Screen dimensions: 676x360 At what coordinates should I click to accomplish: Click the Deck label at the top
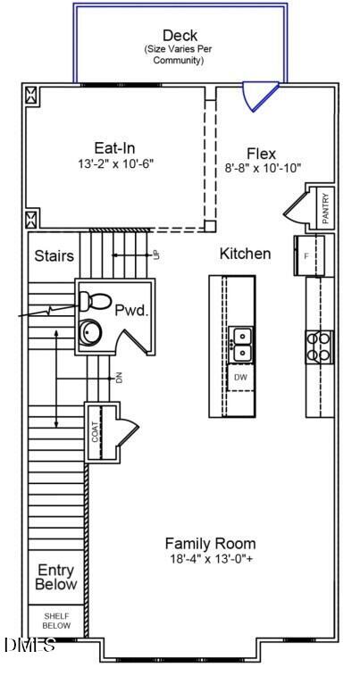[x=180, y=36]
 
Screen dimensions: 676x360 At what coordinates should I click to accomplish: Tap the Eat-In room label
[x=115, y=148]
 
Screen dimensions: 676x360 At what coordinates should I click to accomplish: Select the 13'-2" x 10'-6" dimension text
[x=115, y=164]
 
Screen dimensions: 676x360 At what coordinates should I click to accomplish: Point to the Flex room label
[x=263, y=153]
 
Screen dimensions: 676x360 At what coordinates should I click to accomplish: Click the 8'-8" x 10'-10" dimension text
[x=263, y=168]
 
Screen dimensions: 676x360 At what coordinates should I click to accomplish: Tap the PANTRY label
[x=325, y=208]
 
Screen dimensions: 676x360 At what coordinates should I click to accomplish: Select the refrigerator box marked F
[x=307, y=255]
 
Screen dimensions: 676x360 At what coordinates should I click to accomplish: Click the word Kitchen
[x=245, y=254]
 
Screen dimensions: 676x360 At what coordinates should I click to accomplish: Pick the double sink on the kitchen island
[x=240, y=345]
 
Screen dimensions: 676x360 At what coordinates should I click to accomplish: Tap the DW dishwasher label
[x=240, y=378]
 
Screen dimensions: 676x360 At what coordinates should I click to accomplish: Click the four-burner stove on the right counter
[x=319, y=345]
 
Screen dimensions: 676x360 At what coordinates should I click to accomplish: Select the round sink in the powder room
[x=90, y=332]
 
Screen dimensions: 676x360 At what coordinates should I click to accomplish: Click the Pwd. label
[x=130, y=310]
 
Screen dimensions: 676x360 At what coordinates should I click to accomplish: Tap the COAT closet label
[x=95, y=432]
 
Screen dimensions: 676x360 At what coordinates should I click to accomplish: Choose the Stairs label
[x=54, y=256]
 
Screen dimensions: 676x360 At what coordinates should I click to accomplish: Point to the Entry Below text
[x=55, y=578]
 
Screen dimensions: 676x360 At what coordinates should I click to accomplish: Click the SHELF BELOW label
[x=55, y=621]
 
